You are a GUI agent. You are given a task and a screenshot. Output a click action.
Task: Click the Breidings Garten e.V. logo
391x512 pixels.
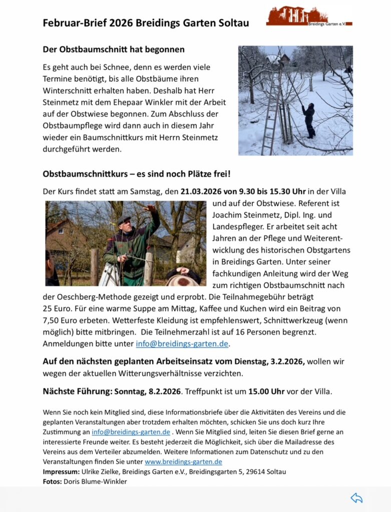click(x=309, y=16)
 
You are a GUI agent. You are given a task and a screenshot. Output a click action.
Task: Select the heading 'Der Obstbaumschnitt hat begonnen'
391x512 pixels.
click(x=114, y=49)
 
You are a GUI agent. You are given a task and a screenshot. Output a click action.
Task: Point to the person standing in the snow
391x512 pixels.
click(x=309, y=120)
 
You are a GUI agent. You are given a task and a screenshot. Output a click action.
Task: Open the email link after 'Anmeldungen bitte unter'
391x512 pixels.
click(x=182, y=344)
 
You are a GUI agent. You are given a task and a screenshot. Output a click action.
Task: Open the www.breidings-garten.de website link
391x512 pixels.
click(x=183, y=461)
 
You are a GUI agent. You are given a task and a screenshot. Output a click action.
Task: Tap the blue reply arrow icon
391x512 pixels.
click(x=356, y=498)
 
